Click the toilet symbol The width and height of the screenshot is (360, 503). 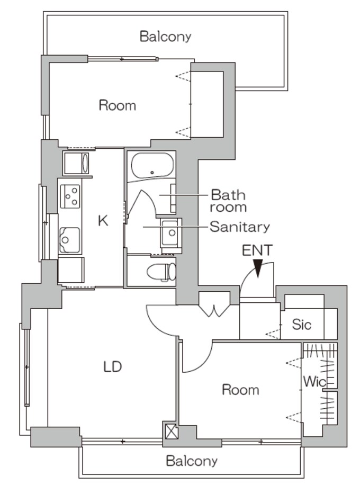tap(161, 272)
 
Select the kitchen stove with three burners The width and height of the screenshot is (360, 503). tap(70, 196)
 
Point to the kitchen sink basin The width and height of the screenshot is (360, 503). tap(69, 239)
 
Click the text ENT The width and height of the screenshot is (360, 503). tap(257, 250)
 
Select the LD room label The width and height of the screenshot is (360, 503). tap(113, 366)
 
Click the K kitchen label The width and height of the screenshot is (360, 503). tap(103, 221)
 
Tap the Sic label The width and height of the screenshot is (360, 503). tap(302, 325)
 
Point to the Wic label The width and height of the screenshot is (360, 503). tap(314, 381)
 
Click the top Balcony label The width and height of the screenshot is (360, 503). tap(165, 37)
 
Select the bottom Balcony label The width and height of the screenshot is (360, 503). tap(192, 461)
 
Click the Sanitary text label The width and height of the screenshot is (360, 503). tap(240, 227)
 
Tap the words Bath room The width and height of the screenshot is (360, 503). tap(228, 201)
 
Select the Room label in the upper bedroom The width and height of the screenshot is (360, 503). tap(117, 105)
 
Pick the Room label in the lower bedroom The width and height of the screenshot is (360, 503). tap(241, 390)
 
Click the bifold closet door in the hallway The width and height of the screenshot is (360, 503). tap(214, 307)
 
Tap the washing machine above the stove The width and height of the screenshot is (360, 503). tap(76, 164)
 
